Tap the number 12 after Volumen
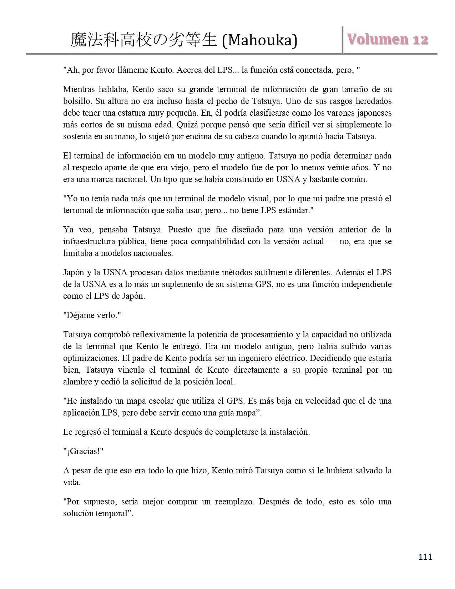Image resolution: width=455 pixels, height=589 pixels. click(420, 39)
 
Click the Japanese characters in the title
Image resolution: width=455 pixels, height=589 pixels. click(144, 41)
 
